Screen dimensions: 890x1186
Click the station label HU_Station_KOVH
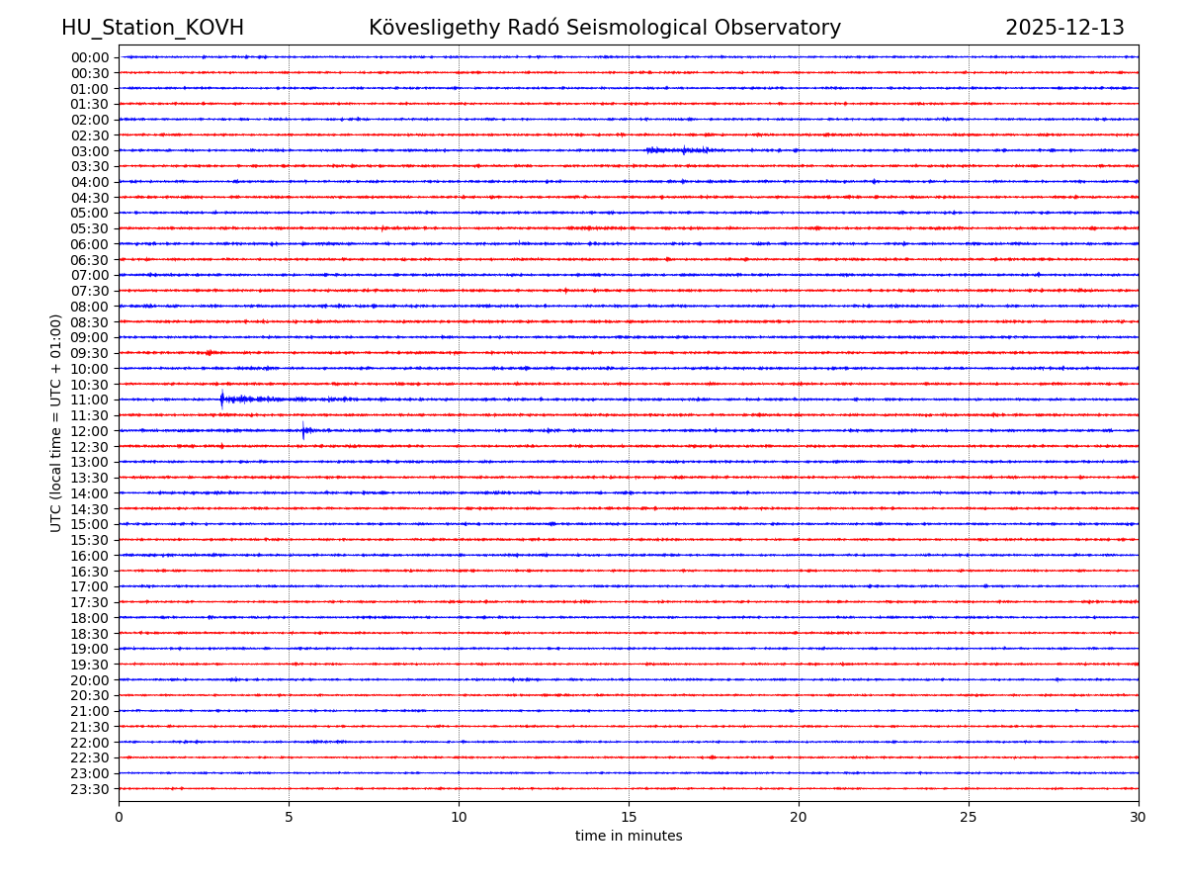[x=152, y=28]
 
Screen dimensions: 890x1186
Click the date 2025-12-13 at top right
[x=1064, y=28]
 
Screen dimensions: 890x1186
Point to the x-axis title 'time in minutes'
[x=629, y=837]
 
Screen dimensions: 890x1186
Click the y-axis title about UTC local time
[x=56, y=422]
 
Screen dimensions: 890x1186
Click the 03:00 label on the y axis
[x=89, y=151]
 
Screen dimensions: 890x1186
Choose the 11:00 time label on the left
[x=89, y=400]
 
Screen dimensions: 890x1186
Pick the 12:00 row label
[x=89, y=431]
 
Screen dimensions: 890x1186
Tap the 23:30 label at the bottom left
[x=89, y=789]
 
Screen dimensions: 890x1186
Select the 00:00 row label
[x=89, y=57]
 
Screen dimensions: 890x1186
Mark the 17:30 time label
[x=89, y=602]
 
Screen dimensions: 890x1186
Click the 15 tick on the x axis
[x=629, y=818]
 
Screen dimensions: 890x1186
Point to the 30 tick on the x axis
[x=1139, y=818]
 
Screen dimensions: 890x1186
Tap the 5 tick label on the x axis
[x=289, y=818]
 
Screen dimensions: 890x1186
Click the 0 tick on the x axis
[x=119, y=818]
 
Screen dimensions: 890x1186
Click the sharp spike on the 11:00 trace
[x=221, y=400]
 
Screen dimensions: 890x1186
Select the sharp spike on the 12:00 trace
[x=303, y=430]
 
